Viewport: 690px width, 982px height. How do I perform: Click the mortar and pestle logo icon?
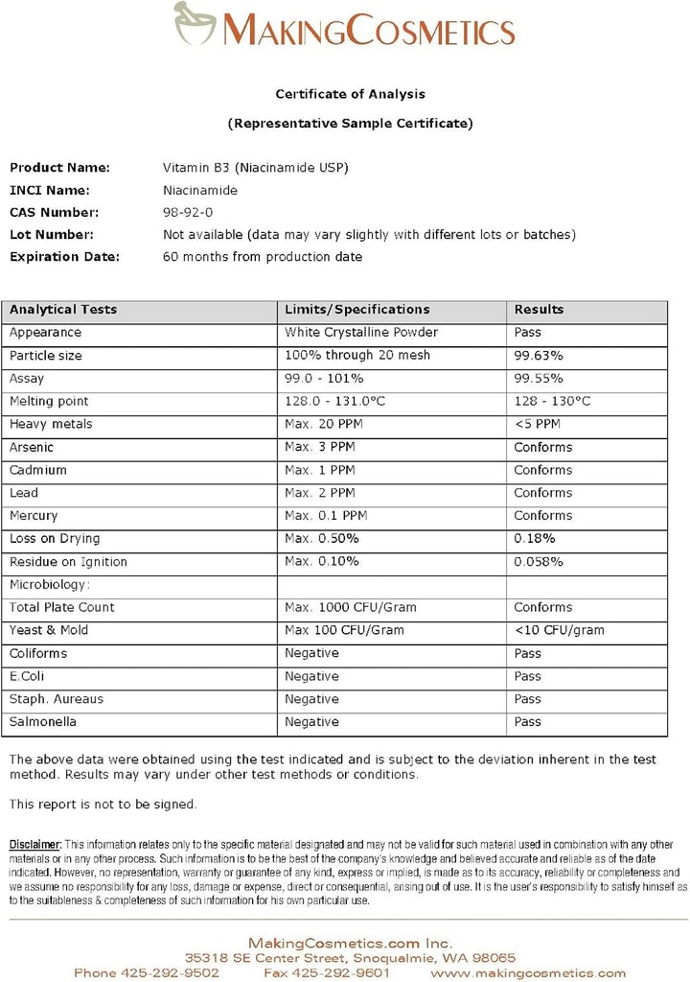195,23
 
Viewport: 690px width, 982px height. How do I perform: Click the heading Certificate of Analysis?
350,94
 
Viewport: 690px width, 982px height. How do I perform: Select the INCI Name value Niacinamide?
200,190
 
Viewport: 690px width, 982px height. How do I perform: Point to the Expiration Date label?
64,256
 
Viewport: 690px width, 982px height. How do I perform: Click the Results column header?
539,310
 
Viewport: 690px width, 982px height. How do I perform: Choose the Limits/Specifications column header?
356,310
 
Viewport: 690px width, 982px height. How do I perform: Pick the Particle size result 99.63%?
539,356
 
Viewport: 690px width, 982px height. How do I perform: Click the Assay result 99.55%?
539,379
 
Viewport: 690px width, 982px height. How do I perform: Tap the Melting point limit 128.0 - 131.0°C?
334,402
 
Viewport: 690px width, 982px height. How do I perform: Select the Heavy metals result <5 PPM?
538,424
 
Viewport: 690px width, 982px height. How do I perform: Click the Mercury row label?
34,516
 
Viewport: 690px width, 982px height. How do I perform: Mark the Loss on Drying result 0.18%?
533,539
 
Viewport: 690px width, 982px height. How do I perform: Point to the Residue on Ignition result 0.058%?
539,562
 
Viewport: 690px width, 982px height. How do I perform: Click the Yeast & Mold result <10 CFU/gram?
559,631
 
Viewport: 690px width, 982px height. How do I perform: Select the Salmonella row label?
43,722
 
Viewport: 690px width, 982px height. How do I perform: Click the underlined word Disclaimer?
35,843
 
